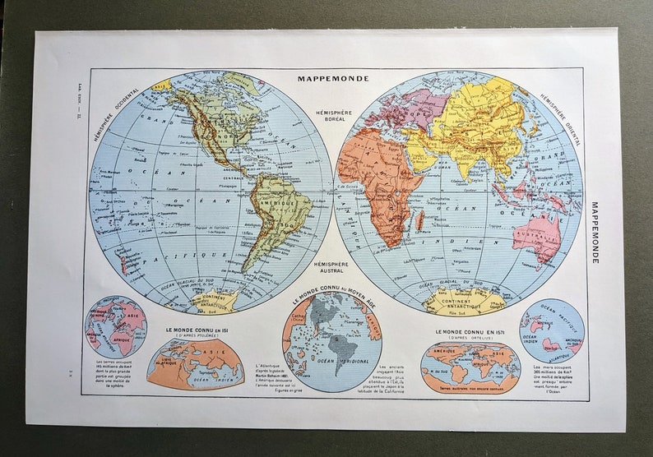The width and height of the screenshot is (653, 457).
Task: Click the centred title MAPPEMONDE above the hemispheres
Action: (333, 79)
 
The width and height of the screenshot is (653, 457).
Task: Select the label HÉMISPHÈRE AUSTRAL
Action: (331, 268)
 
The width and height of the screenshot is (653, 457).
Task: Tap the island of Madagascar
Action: (420, 219)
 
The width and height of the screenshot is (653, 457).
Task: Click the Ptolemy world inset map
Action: (195, 362)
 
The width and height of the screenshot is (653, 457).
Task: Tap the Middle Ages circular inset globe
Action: (331, 340)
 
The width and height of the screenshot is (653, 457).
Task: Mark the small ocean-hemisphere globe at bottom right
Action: (552, 329)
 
